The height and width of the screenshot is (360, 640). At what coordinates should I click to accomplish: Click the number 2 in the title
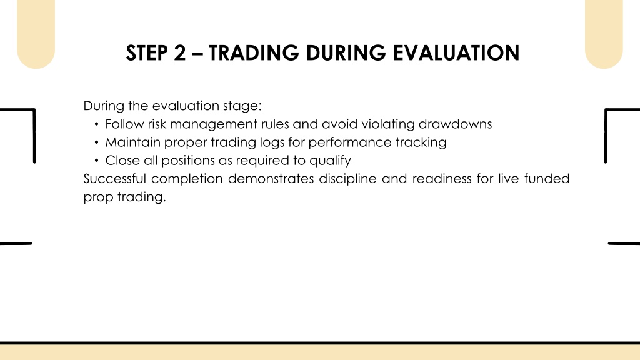click(179, 53)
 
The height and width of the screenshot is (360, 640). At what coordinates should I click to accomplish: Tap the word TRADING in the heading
click(254, 53)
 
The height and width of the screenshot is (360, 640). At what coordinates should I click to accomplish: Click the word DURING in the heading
click(346, 53)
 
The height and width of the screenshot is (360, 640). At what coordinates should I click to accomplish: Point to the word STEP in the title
click(146, 53)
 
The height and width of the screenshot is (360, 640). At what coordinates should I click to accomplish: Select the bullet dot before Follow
click(96, 124)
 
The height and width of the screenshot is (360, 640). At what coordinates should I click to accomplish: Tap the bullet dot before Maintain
click(96, 142)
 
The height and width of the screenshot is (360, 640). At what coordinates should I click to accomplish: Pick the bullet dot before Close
click(96, 161)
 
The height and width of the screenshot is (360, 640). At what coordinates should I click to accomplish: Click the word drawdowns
click(455, 124)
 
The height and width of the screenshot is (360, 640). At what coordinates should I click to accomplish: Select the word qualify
click(330, 161)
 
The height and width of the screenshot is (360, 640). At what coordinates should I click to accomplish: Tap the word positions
click(187, 161)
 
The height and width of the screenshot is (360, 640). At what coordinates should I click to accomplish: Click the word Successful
click(115, 178)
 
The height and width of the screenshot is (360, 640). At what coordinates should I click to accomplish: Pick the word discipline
click(347, 179)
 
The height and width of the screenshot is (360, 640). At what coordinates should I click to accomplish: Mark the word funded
click(547, 178)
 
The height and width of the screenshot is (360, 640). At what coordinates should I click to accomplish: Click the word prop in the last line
click(98, 197)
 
